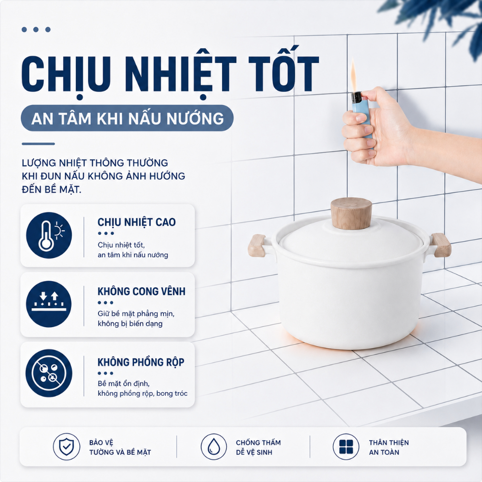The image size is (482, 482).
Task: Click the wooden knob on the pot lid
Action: (x=351, y=213)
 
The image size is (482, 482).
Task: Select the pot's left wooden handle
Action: (x=257, y=245)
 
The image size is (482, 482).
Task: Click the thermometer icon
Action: (x=49, y=235)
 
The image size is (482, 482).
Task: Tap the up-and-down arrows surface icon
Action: (x=49, y=304)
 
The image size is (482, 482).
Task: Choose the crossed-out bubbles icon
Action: (x=49, y=373)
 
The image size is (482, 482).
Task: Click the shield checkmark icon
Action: (x=66, y=447)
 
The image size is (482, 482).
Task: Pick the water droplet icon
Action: (x=214, y=447)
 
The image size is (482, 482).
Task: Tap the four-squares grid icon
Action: (x=346, y=447)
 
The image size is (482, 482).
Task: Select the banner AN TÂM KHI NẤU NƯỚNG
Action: (x=127, y=118)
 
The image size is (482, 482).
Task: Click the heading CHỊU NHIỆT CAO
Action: (x=137, y=222)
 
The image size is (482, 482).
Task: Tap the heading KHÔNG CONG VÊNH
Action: (x=141, y=291)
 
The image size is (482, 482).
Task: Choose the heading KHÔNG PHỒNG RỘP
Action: (x=141, y=362)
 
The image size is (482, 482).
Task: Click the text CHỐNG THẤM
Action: (x=258, y=442)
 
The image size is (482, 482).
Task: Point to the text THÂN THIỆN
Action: (x=389, y=442)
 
